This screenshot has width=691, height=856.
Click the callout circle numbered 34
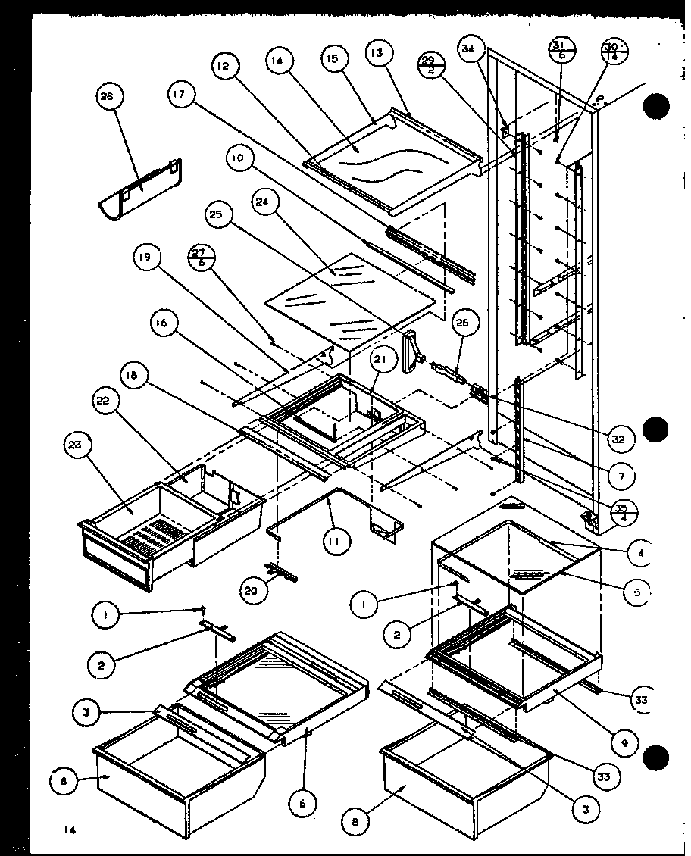point(471,50)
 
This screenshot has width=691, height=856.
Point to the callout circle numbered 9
point(624,743)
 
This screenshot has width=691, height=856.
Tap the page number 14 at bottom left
point(70,830)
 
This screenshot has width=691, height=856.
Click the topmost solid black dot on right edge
point(656,107)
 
